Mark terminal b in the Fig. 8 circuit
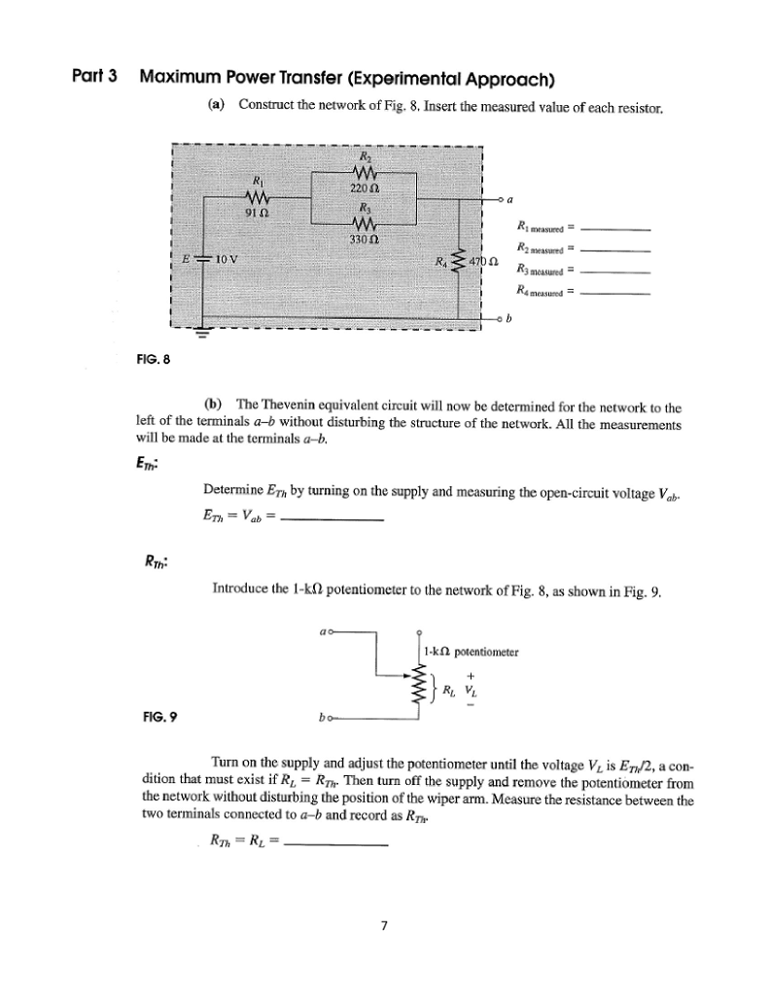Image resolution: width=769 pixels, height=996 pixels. (508, 318)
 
